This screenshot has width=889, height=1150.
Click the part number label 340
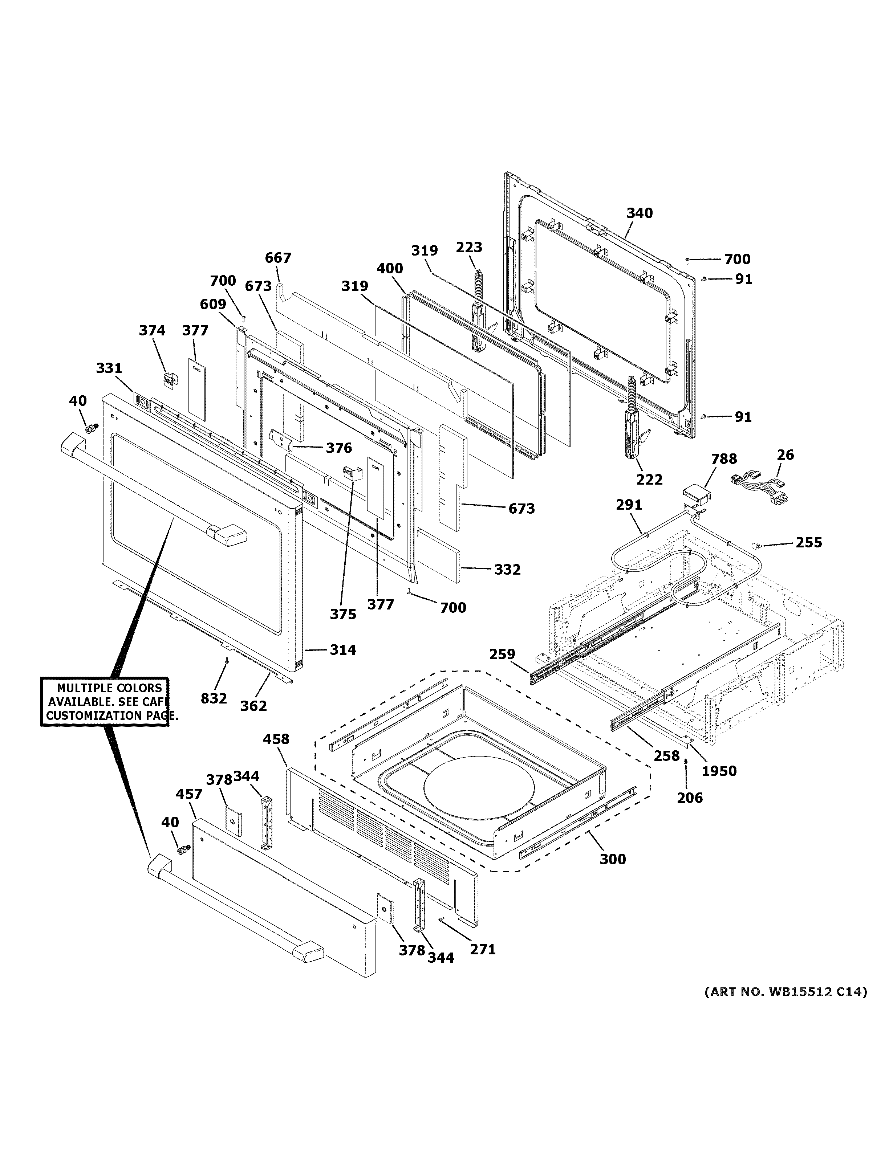coord(640,213)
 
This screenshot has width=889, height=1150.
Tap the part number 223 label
coord(469,247)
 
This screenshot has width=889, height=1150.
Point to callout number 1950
coord(719,771)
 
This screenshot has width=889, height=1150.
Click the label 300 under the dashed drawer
coord(613,859)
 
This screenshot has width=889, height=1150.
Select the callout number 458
coord(276,739)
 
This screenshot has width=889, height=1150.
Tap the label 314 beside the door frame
coord(343,650)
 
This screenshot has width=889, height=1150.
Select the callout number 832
coord(214,698)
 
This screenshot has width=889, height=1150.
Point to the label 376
coord(339,448)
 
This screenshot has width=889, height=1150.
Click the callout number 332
coord(507,569)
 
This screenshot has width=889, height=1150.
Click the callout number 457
coord(188,794)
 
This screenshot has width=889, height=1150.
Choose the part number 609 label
coord(213,304)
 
